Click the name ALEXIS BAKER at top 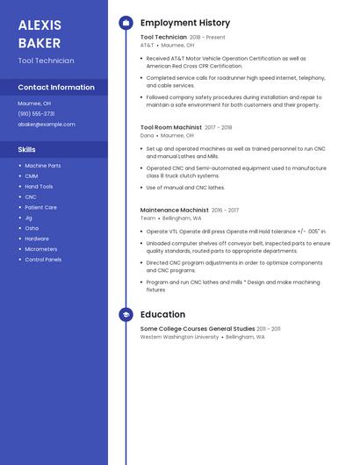[x=40, y=33]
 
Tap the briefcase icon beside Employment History [x=126, y=23]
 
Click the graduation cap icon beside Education [x=126, y=314]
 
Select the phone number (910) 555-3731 [x=36, y=113]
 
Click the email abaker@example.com [x=46, y=124]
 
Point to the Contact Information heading [x=56, y=87]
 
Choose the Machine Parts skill [x=43, y=165]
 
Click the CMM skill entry [x=32, y=175]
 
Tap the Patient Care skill [x=40, y=207]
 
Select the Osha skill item [x=32, y=228]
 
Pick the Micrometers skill [x=41, y=249]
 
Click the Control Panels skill [x=43, y=260]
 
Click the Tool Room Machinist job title [x=171, y=127]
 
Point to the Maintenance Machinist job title [x=175, y=210]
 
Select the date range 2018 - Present [x=207, y=37]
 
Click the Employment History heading [x=185, y=23]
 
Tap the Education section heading [x=162, y=314]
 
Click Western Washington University [x=180, y=336]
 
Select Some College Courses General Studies [x=198, y=328]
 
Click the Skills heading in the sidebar [x=27, y=149]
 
